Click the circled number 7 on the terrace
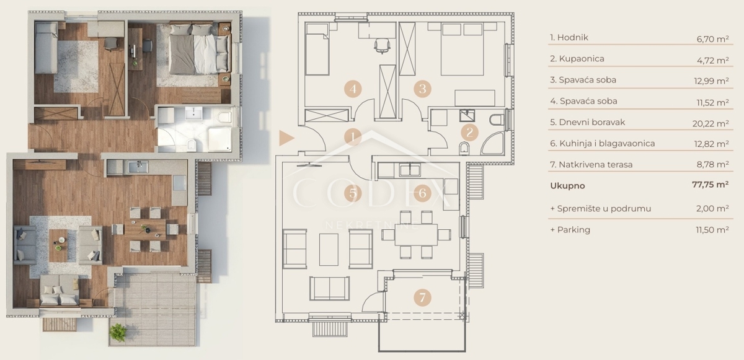(x=422, y=297)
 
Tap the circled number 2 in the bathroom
(x=470, y=133)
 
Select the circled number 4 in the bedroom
(x=353, y=89)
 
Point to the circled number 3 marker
(x=422, y=89)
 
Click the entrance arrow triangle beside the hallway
(x=286, y=138)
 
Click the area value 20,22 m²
(x=711, y=123)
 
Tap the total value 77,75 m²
(x=711, y=185)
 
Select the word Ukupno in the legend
(x=567, y=186)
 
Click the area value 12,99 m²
(x=711, y=81)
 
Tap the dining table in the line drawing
(x=416, y=234)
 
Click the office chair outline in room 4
(x=382, y=46)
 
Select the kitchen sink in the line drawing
(x=410, y=170)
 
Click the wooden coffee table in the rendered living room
(x=58, y=245)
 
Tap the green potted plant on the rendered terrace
(x=118, y=333)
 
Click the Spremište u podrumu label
(x=601, y=209)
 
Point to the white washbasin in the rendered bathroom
(x=193, y=113)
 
